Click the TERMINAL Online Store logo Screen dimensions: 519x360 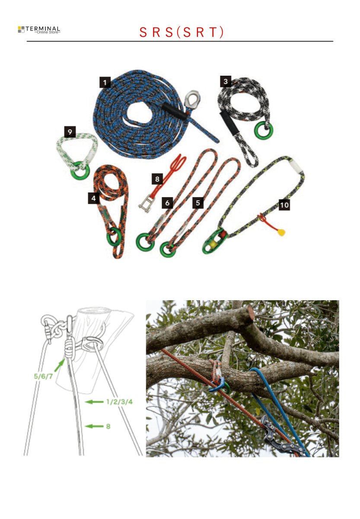click(x=39, y=29)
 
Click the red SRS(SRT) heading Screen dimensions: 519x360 click(x=182, y=33)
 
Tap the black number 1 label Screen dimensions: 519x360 click(x=104, y=81)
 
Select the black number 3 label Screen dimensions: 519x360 click(x=225, y=81)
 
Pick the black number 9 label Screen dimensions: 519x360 click(x=69, y=131)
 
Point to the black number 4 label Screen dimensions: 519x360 click(x=93, y=198)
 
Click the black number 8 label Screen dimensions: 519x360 click(x=157, y=178)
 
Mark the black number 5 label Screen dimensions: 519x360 click(x=198, y=202)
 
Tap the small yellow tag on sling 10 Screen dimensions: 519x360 click(x=282, y=233)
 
